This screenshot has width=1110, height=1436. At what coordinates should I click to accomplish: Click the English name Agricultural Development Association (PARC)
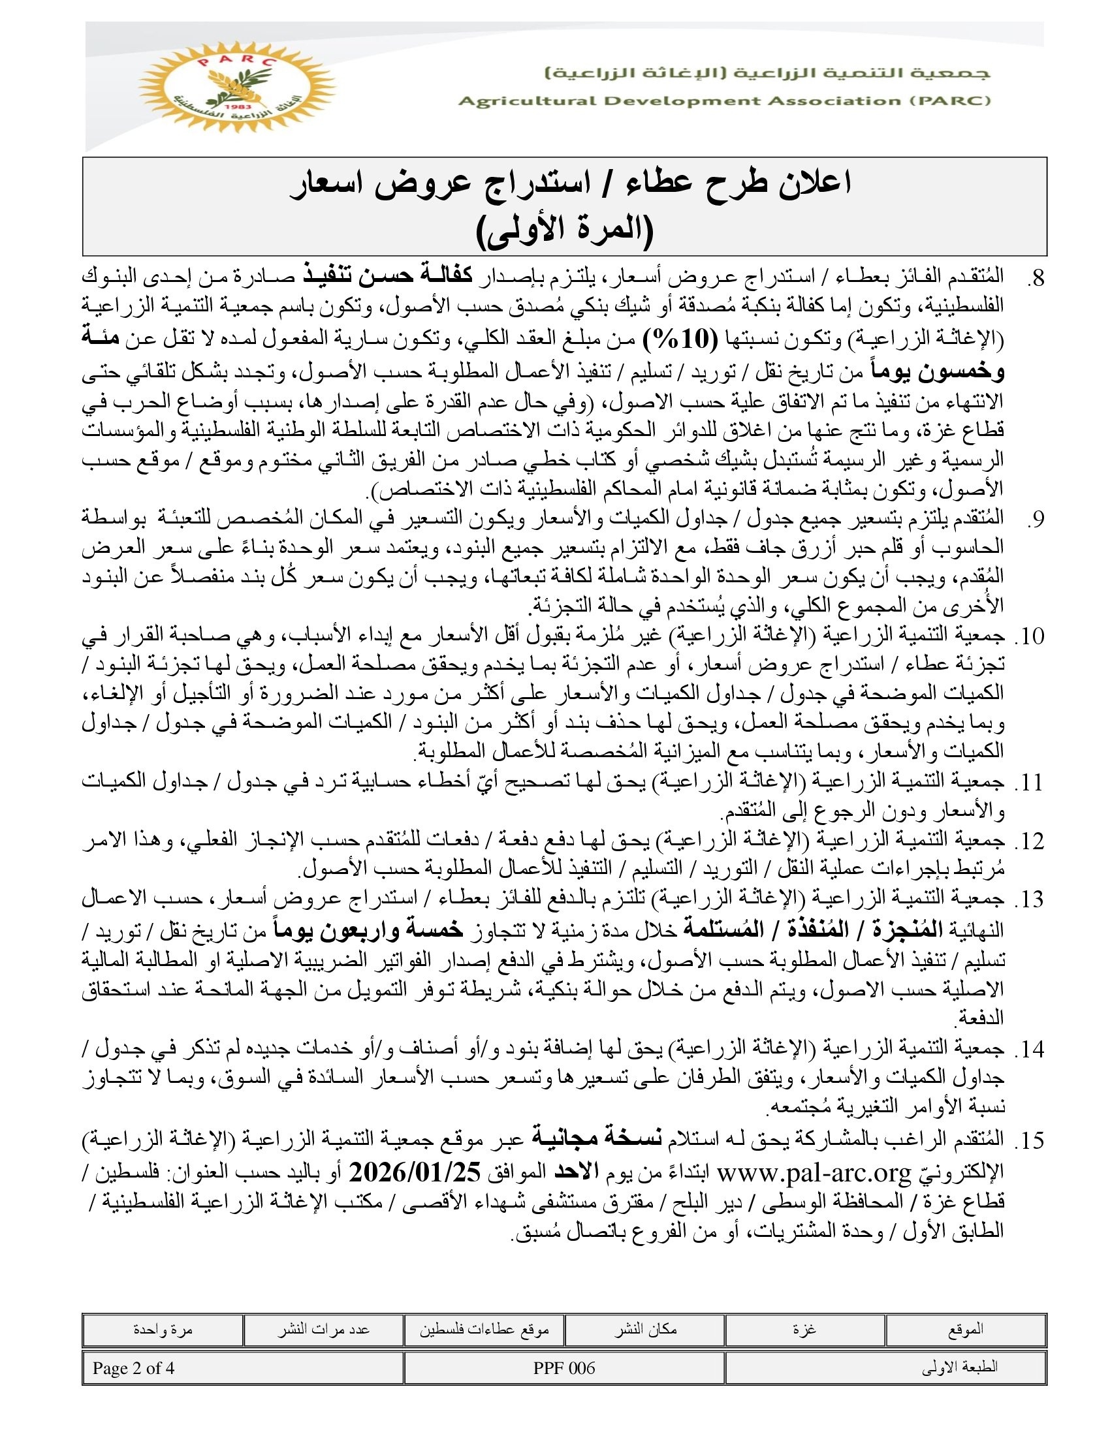click(x=724, y=101)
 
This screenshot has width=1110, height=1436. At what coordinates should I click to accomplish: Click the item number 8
click(x=1035, y=279)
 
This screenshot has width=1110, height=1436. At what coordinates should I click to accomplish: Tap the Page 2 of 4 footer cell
click(x=133, y=1368)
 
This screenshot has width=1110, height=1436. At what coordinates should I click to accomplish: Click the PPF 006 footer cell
click(x=564, y=1368)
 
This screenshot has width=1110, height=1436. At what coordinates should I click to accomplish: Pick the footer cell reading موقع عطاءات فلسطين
click(x=484, y=1330)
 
